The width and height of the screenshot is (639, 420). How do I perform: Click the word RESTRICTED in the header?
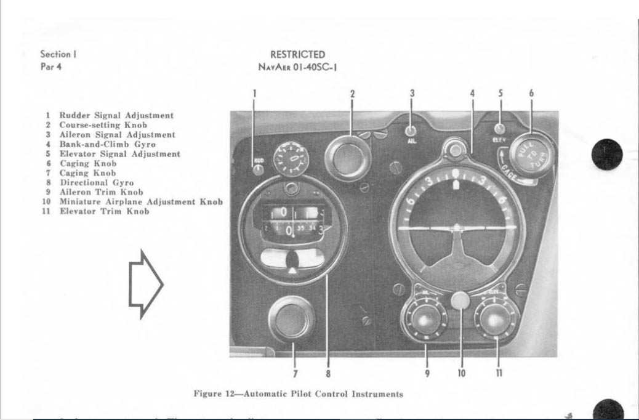[297, 55]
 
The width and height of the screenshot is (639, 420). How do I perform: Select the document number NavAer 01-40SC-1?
[297, 67]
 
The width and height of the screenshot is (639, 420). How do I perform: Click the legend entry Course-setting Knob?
[103, 125]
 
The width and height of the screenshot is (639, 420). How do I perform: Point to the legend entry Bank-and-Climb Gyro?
[107, 144]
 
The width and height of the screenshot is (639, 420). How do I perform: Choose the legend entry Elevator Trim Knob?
[104, 212]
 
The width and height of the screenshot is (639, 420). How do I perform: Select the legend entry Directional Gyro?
[96, 183]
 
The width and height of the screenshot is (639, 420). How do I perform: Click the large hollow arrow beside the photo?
[145, 284]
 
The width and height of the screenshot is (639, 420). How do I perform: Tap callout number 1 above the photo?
[254, 94]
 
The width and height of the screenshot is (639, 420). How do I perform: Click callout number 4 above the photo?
[472, 94]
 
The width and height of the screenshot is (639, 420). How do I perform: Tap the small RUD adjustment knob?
[259, 168]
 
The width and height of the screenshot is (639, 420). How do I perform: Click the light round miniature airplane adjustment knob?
[460, 301]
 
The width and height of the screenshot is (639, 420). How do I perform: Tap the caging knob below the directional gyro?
[292, 318]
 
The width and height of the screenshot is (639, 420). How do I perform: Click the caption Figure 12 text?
[299, 394]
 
